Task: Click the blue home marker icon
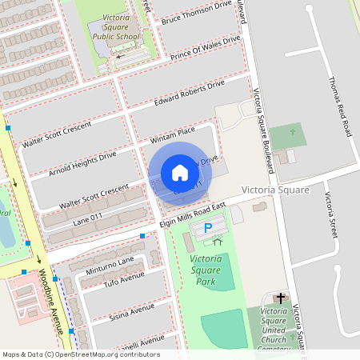(180, 173)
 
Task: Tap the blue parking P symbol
(208, 229)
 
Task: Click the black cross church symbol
(280, 297)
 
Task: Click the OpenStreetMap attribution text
(81, 354)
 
